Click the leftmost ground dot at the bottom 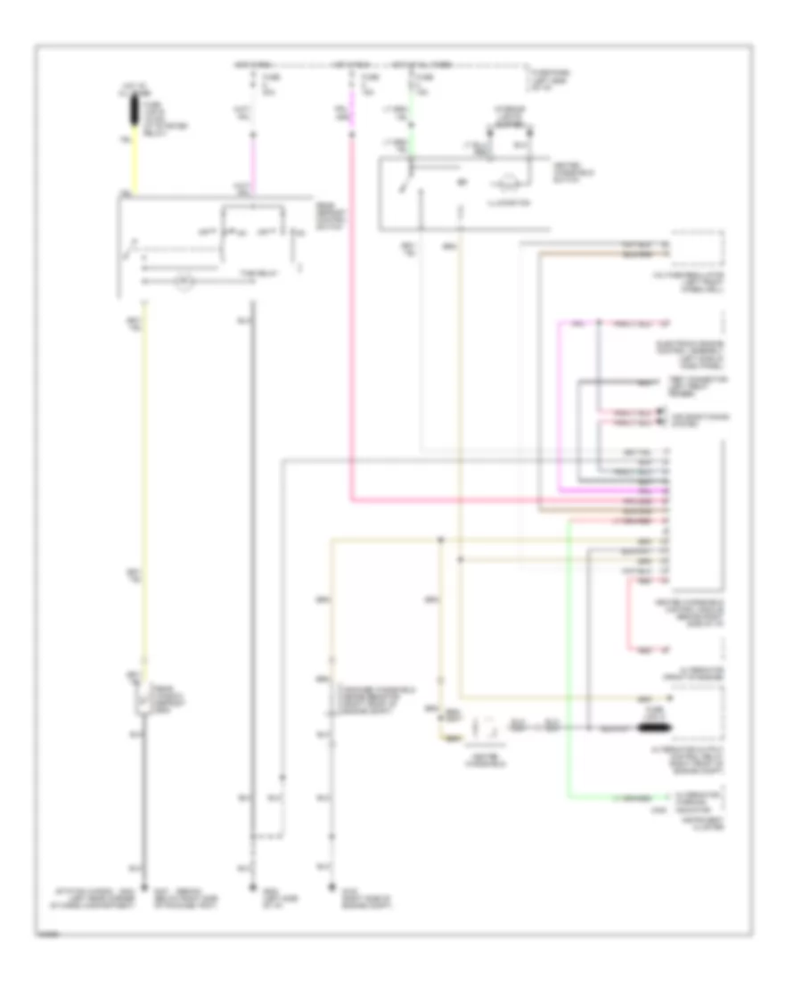[143, 886]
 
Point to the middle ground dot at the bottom [252, 886]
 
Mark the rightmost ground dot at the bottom [331, 886]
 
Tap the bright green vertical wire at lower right [569, 660]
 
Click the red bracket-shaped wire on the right [627, 615]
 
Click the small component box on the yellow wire [143, 698]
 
